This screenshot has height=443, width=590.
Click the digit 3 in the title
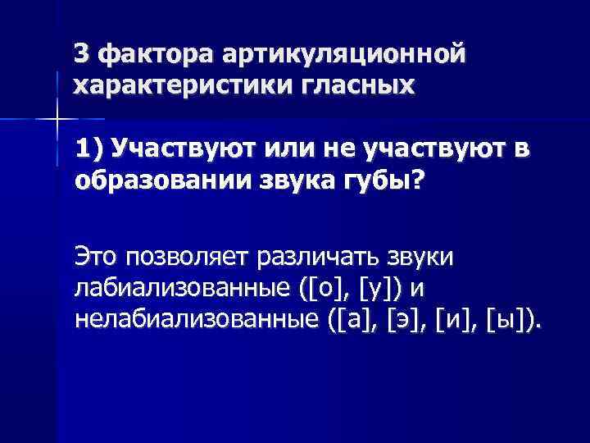coord(80,54)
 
